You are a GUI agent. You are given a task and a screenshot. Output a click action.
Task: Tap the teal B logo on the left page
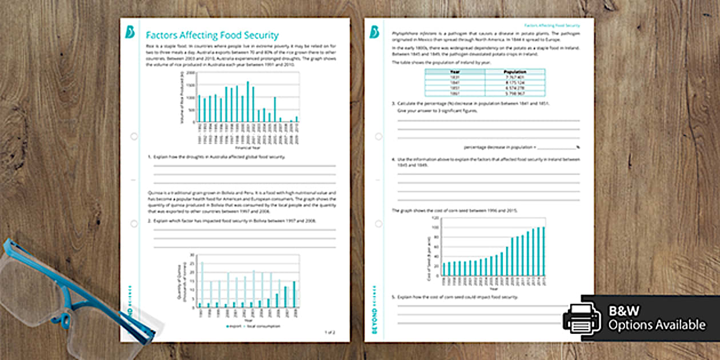point(130,33)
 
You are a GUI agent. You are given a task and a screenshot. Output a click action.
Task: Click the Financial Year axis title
point(248,147)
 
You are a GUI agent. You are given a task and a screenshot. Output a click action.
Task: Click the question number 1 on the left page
point(149,156)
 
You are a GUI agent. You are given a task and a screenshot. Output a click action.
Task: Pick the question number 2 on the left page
point(149,220)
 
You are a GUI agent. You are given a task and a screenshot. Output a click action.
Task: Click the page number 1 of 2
point(330,332)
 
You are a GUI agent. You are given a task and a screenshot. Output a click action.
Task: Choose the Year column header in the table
point(455,72)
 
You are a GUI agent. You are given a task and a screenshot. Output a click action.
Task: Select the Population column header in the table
point(515,72)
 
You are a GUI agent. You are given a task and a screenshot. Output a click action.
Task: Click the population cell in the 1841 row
point(515,82)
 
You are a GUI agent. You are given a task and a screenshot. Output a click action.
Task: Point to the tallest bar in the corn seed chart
point(543,251)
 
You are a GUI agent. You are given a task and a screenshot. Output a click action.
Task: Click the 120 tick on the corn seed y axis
point(437,218)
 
